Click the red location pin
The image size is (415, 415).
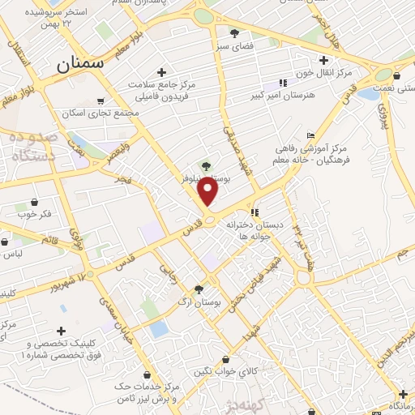click(x=209, y=191)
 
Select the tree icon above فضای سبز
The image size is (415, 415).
click(x=234, y=33)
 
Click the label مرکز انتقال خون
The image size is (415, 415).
click(x=323, y=72)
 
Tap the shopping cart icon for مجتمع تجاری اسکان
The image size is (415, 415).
click(x=100, y=102)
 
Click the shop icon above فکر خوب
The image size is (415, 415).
click(x=33, y=202)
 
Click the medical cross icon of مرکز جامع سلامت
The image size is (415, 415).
click(x=161, y=72)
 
